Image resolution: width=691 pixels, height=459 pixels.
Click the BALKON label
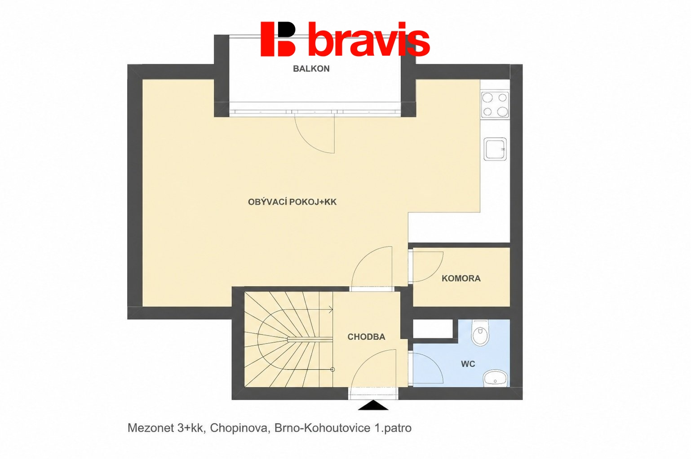[x=311, y=68]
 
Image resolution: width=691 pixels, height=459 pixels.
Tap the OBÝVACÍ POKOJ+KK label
[x=292, y=202]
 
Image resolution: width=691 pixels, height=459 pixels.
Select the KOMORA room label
[x=461, y=278]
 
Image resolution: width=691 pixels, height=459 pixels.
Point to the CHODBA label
[x=366, y=337]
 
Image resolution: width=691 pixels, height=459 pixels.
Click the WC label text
[x=468, y=364]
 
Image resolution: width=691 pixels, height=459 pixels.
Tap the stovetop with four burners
[x=495, y=104]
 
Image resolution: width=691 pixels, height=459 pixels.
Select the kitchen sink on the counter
[x=495, y=149]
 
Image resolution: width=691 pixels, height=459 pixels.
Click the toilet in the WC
[x=481, y=332]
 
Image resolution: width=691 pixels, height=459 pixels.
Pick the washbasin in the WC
[x=496, y=378]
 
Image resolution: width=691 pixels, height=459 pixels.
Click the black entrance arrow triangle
[x=373, y=405]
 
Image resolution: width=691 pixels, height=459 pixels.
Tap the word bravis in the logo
[x=369, y=40]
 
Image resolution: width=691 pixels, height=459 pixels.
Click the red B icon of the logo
[x=278, y=39]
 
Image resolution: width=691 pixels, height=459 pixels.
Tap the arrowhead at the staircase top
[x=331, y=309]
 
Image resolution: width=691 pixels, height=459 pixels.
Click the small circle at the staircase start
[x=332, y=369]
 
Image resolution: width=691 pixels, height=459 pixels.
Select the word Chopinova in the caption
[x=239, y=428]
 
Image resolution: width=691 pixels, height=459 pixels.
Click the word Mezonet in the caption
[x=151, y=428]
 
